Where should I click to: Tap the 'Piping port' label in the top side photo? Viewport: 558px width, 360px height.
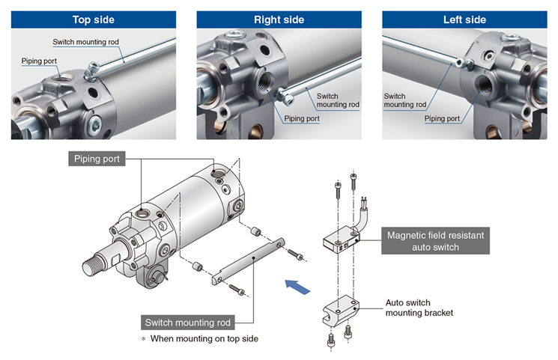[40, 61]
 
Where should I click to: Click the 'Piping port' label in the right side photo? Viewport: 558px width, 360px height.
[302, 118]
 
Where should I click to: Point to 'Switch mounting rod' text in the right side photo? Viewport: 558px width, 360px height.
[338, 100]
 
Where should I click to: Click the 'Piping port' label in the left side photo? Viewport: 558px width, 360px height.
[442, 118]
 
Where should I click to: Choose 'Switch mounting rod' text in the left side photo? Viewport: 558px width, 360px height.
[405, 100]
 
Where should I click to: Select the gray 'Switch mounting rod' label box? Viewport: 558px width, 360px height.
[187, 323]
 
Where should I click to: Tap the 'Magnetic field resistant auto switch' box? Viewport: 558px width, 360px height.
[435, 241]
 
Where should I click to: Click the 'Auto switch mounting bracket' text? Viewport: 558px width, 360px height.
[419, 308]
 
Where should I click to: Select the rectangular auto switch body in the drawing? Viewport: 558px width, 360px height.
[342, 240]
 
